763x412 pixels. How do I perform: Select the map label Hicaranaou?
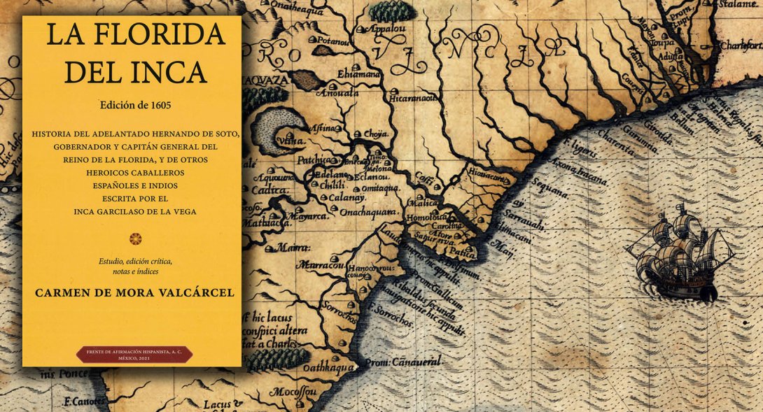click(x=416, y=99)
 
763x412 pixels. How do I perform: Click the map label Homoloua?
click(x=426, y=217)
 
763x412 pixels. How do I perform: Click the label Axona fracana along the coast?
click(x=579, y=172)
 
